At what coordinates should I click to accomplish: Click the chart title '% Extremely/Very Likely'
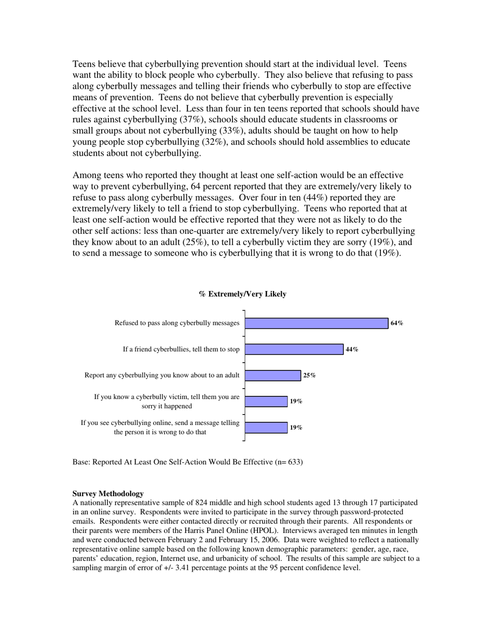click(x=242, y=294)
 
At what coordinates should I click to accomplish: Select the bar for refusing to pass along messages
click(x=316, y=323)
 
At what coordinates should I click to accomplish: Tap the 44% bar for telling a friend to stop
click(x=294, y=349)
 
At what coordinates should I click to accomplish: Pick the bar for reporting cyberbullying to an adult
click(x=272, y=375)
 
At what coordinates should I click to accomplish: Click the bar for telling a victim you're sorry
click(x=266, y=402)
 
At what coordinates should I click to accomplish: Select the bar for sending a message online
click(x=266, y=428)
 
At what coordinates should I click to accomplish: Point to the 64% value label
click(x=397, y=323)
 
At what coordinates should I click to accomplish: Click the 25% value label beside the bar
click(x=309, y=375)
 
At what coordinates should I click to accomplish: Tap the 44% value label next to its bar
click(x=352, y=349)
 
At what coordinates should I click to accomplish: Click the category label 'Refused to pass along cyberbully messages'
click(x=177, y=323)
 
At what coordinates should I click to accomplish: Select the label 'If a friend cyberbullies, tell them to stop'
click(x=181, y=349)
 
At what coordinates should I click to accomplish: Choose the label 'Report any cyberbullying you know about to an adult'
click(x=162, y=375)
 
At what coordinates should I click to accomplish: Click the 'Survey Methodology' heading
click(x=108, y=494)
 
